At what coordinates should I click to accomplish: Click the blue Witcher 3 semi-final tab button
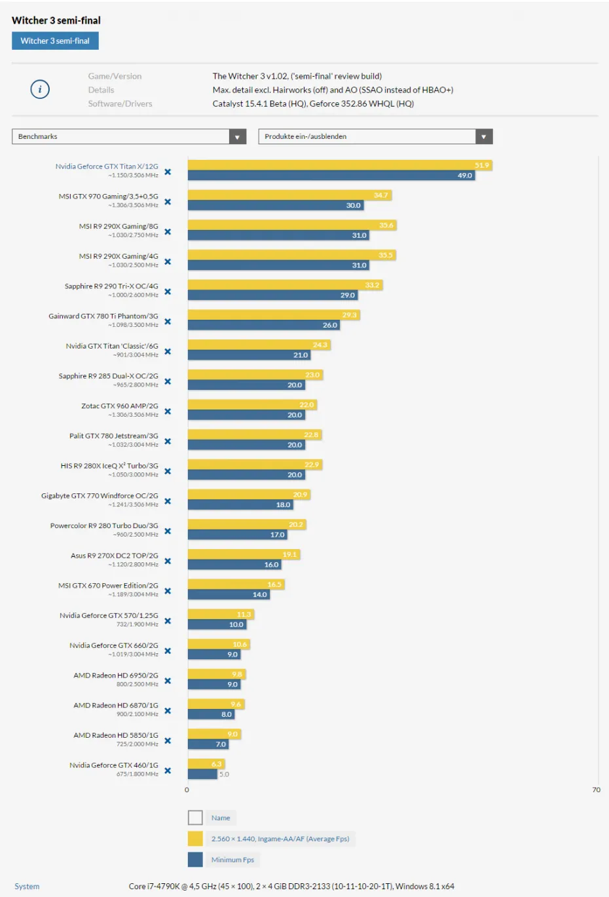[55, 41]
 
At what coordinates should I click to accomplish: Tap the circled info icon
[40, 89]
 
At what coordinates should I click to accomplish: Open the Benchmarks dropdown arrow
[238, 136]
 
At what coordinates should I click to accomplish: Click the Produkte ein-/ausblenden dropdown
[375, 136]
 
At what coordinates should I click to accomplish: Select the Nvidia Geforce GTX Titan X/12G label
[107, 166]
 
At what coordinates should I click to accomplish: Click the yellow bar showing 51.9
[339, 165]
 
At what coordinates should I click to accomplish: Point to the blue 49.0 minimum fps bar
[331, 176]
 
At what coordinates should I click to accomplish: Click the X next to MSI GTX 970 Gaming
[168, 202]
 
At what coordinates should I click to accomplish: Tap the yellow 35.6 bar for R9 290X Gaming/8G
[291, 225]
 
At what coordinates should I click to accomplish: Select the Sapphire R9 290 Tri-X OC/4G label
[111, 286]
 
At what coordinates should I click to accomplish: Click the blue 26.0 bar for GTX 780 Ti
[263, 325]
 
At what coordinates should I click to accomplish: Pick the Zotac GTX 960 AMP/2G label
[120, 406]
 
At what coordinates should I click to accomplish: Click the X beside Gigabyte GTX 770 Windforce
[168, 501]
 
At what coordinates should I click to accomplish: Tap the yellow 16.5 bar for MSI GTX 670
[236, 584]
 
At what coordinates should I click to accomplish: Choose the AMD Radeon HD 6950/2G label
[116, 676]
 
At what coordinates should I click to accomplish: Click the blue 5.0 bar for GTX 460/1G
[202, 774]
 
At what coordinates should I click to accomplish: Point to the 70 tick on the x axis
[596, 790]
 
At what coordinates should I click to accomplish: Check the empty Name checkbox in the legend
[195, 818]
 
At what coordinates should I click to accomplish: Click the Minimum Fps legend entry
[232, 860]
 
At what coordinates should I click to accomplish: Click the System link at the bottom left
[27, 887]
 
